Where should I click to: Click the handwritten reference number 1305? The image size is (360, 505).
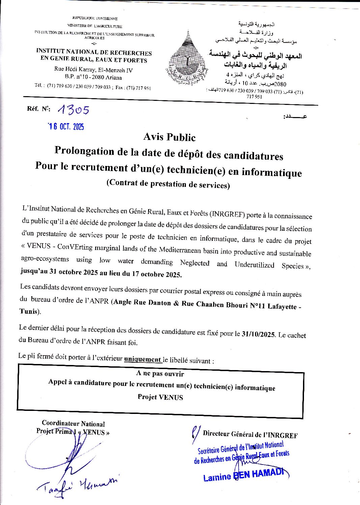pos(74,110)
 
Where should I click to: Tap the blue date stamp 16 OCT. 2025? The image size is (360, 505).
pos(66,127)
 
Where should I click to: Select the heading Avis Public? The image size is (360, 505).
pos(169,137)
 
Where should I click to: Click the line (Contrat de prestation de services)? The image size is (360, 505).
pos(168,184)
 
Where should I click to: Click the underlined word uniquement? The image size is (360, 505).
pos(142,359)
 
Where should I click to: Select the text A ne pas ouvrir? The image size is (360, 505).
pos(160,373)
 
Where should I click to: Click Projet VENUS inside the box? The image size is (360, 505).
pos(160,397)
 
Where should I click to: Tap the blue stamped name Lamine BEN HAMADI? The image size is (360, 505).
pos(244,475)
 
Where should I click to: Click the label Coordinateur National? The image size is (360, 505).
pos(73,424)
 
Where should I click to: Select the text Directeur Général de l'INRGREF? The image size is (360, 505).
pos(250,434)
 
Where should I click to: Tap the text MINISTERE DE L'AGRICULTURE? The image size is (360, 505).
pos(95,26)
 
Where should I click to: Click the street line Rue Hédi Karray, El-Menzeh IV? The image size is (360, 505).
pos(93,70)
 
